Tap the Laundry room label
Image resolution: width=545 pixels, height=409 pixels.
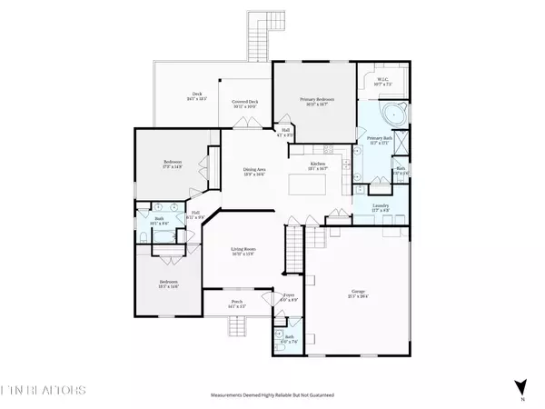381,207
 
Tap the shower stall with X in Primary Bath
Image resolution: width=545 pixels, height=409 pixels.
402,144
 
